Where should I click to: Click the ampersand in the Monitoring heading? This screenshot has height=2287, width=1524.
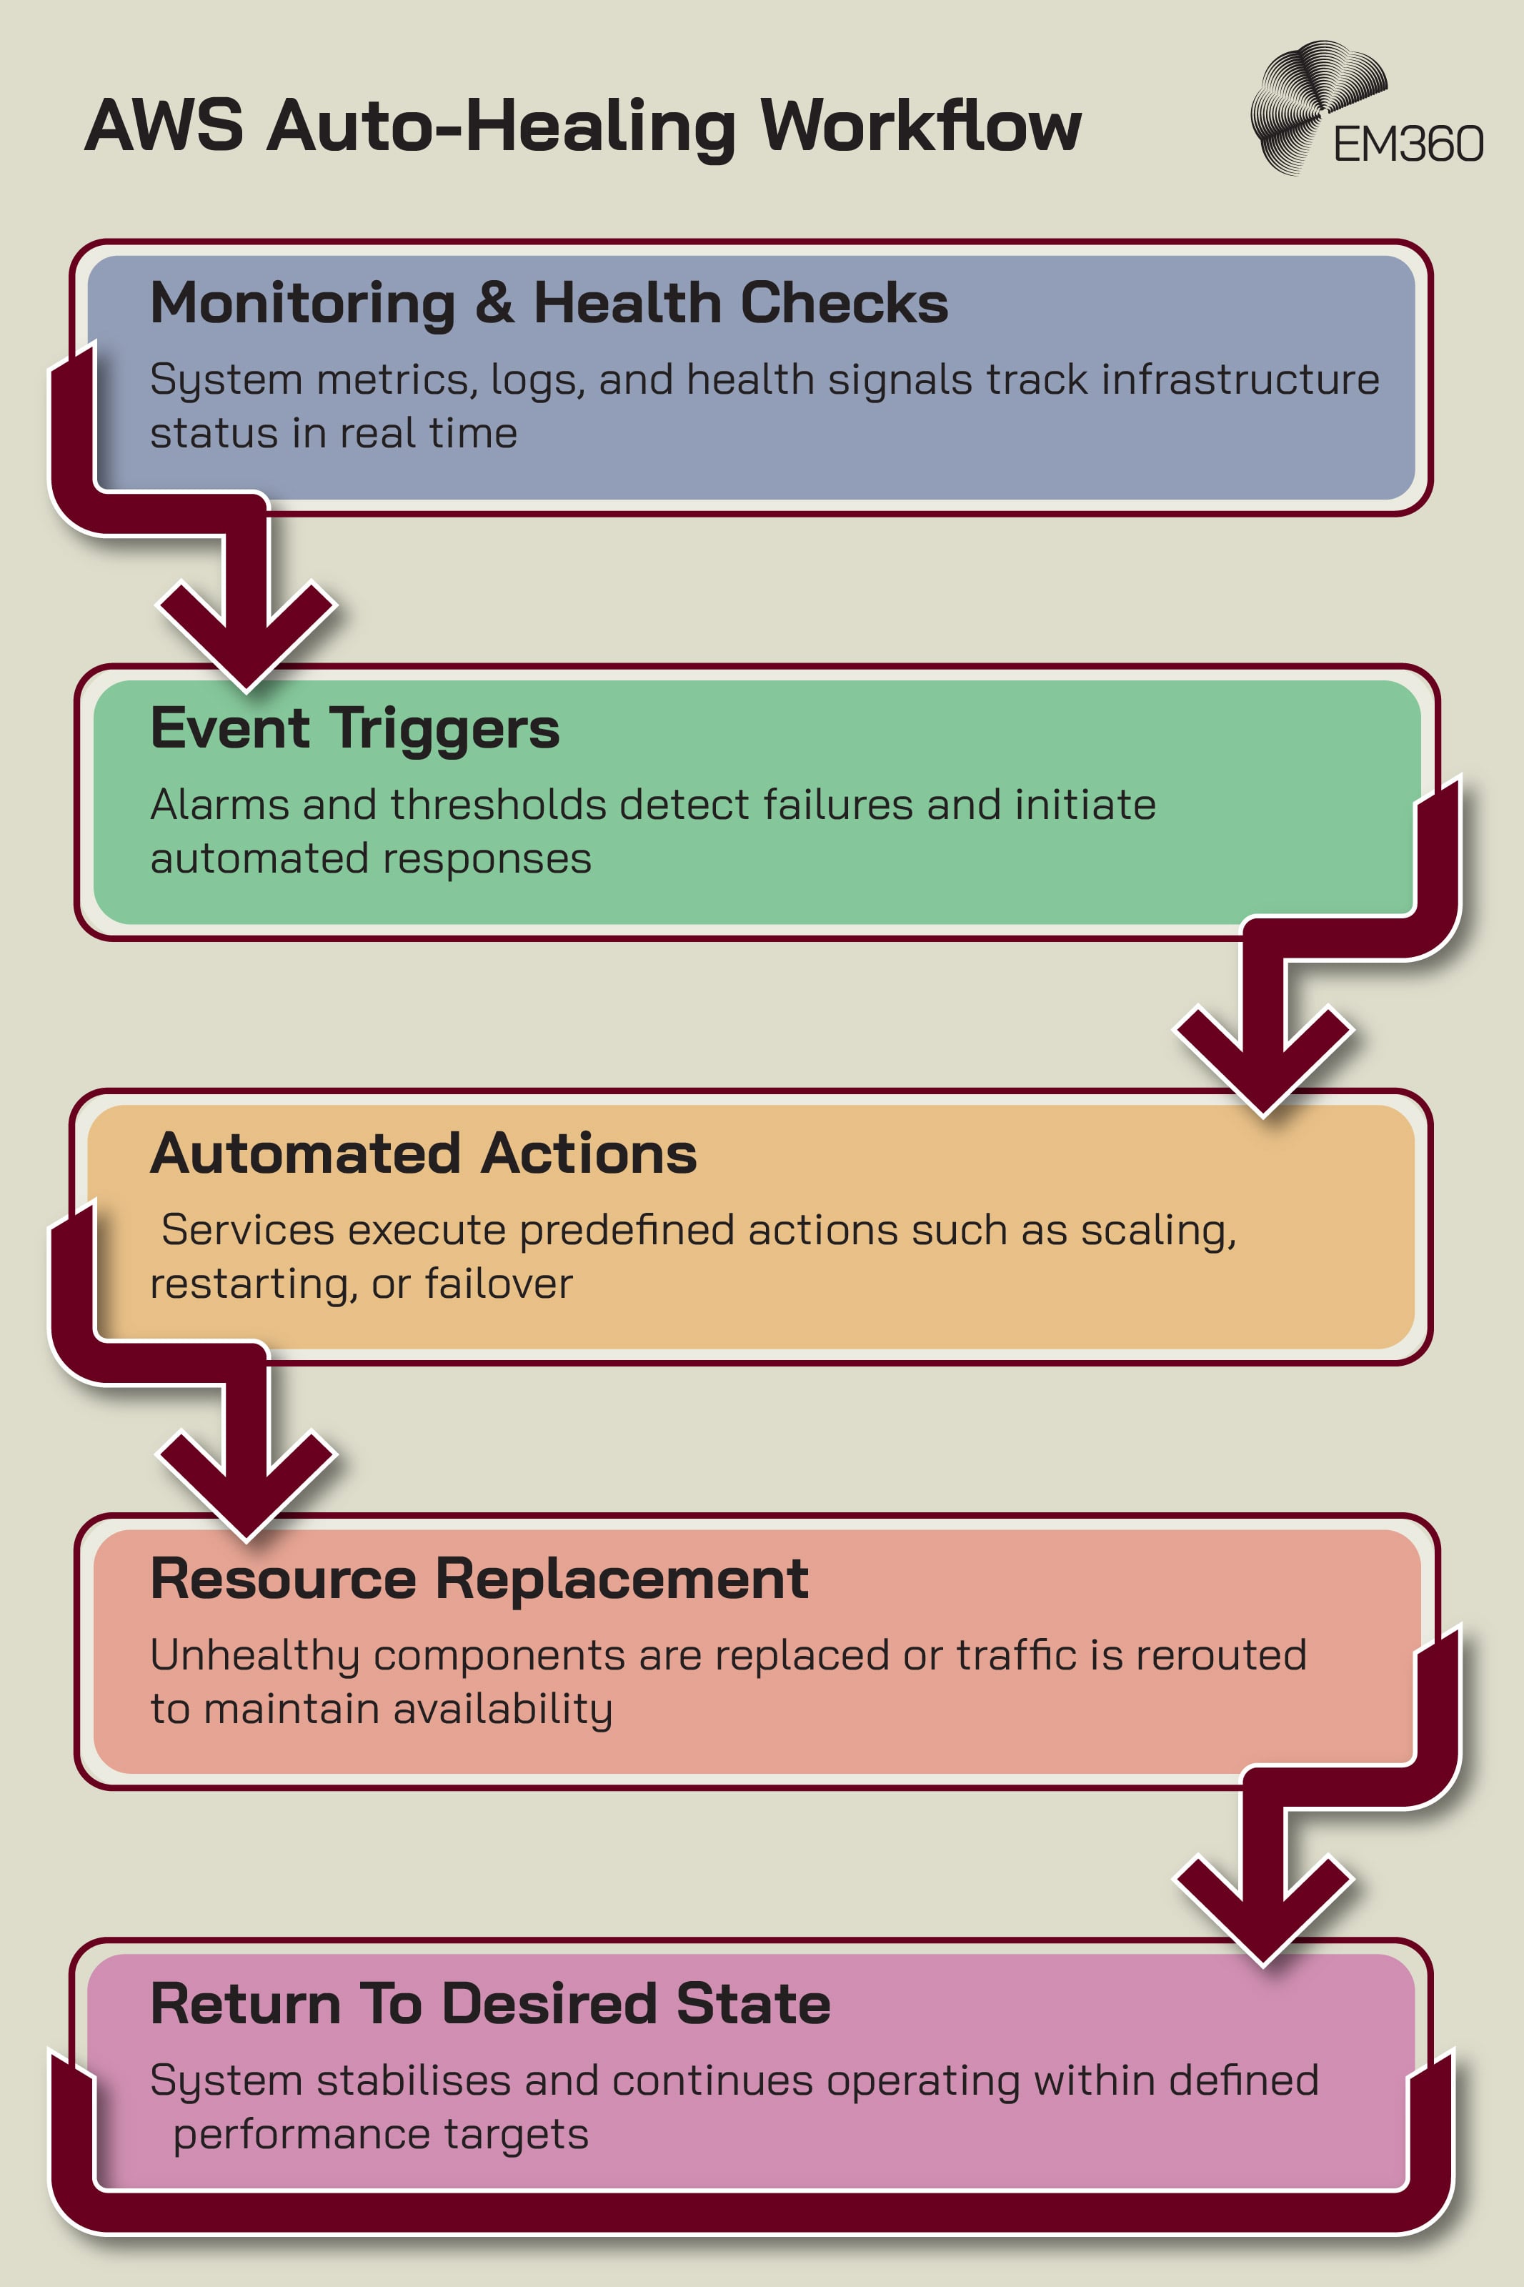tap(494, 302)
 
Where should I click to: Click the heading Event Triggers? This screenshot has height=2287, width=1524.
tap(355, 728)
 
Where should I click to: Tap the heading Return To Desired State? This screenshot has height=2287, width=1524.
tap(490, 2003)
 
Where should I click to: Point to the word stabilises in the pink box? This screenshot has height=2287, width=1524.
tap(413, 2081)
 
